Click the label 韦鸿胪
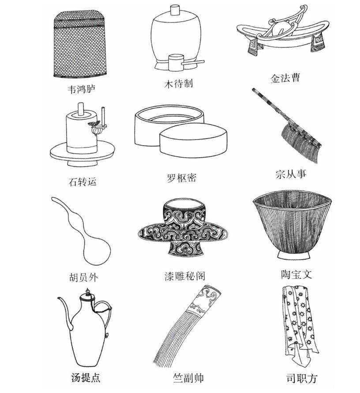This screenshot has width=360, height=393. tap(82, 89)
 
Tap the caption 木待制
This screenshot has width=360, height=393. tap(179, 83)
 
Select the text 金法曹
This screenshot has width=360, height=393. tap(285, 79)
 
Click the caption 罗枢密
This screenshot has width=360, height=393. tap(181, 178)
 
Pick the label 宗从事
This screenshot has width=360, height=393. tap(291, 174)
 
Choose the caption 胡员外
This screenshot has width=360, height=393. tap(83, 277)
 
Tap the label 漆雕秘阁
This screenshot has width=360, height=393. tap(185, 276)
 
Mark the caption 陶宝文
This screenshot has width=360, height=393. tap(296, 275)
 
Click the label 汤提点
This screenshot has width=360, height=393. tap(86, 378)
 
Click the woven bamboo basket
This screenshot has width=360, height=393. tap(80, 44)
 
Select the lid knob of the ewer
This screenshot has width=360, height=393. tap(87, 292)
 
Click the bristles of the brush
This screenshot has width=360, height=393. tap(299, 143)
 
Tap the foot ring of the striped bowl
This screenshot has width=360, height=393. tap(293, 256)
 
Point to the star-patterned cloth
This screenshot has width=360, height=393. tap(299, 323)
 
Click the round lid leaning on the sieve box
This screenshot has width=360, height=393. tap(193, 140)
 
